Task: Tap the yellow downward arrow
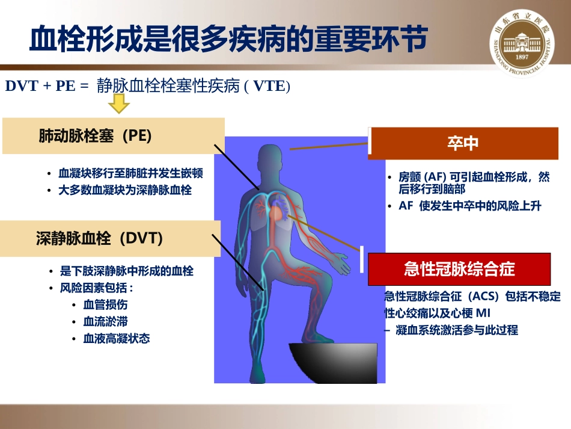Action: pos(119,106)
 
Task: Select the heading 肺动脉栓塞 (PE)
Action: pos(95,136)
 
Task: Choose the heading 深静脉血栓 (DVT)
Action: pos(99,238)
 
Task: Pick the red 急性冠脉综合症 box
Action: pos(459,269)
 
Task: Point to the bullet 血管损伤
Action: pos(105,304)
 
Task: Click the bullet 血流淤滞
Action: pos(105,321)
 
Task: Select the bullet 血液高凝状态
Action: pos(117,338)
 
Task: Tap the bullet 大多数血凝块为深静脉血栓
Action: pos(125,190)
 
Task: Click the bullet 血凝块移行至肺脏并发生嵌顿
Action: pos(130,173)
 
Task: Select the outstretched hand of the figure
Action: pos(338,263)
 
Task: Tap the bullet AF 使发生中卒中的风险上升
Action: pos(470,206)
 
